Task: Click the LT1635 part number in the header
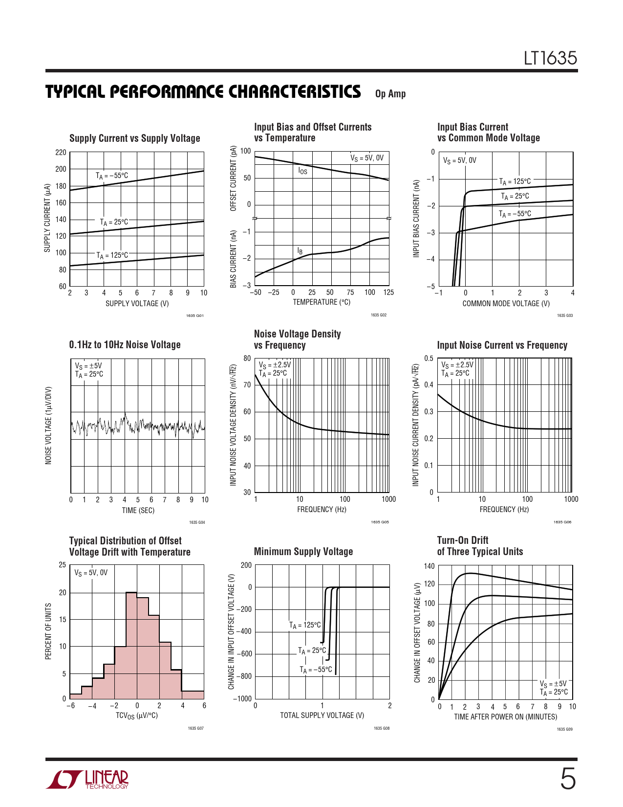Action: pyautogui.click(x=550, y=58)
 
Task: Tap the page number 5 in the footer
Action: pyautogui.click(x=567, y=779)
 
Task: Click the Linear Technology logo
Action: pyautogui.click(x=88, y=780)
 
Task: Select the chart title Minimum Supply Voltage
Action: pyautogui.click(x=303, y=552)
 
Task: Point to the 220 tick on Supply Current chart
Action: pyautogui.click(x=61, y=153)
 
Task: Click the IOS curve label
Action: pyautogui.click(x=303, y=171)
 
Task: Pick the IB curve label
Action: pyautogui.click(x=300, y=251)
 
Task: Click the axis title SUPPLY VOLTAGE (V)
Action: pyautogui.click(x=137, y=304)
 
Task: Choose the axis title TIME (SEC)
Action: pyautogui.click(x=138, y=511)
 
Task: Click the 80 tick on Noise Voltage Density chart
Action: pyautogui.click(x=247, y=359)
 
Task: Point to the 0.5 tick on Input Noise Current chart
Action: pyautogui.click(x=429, y=359)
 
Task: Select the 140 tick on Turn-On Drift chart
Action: pyautogui.click(x=429, y=566)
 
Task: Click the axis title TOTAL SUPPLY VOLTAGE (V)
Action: pyautogui.click(x=322, y=716)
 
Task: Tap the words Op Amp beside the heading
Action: pyautogui.click(x=390, y=94)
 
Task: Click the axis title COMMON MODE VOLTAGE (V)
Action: pyautogui.click(x=506, y=304)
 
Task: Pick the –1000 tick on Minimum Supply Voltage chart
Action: pyautogui.click(x=242, y=699)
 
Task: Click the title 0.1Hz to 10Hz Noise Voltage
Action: pyautogui.click(x=125, y=345)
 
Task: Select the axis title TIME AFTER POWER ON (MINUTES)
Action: pyautogui.click(x=505, y=717)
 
